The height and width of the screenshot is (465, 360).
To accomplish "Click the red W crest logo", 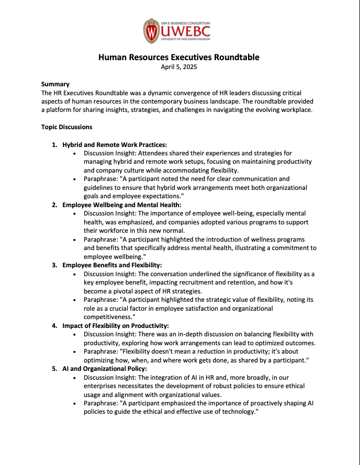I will pos(151,31).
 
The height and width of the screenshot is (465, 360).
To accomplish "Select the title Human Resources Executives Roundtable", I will pos(179,57).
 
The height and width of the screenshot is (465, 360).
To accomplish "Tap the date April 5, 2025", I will pos(179,67).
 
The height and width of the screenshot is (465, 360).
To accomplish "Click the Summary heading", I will pos(55,84).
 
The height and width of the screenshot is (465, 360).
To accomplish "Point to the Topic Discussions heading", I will pos(67,127).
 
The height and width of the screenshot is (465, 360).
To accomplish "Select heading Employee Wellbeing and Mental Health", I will pos(122,205).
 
